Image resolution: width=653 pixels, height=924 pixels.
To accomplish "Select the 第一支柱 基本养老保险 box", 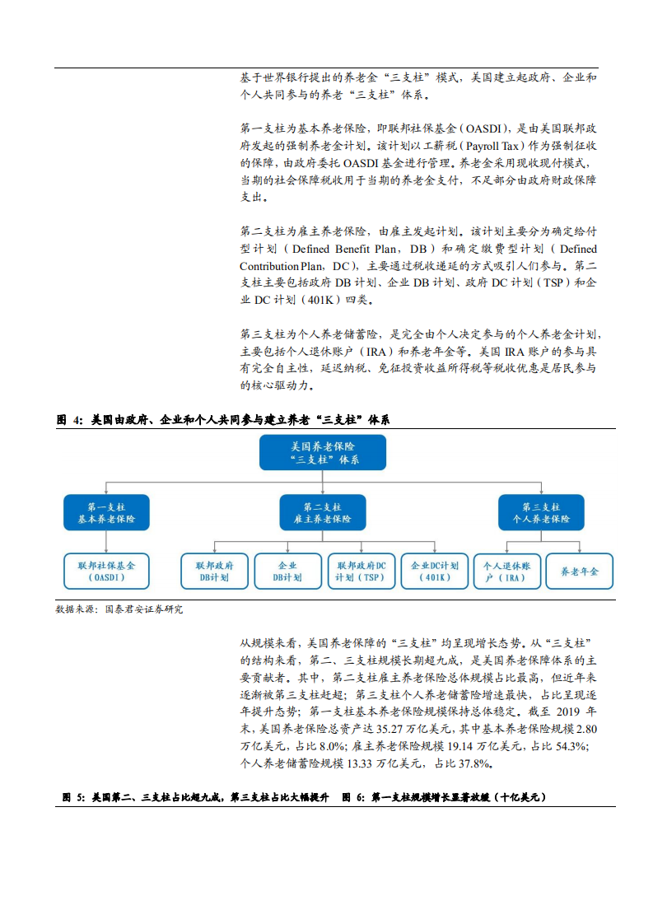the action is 106,513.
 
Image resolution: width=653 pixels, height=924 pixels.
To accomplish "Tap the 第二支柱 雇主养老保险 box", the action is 322,513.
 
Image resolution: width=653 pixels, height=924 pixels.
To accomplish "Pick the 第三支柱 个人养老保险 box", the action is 541,513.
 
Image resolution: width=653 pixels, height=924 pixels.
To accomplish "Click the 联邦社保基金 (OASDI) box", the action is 106,572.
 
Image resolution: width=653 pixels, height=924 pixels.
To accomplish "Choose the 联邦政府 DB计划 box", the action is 214,572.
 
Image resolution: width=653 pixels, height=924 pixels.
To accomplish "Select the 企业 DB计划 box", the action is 287,572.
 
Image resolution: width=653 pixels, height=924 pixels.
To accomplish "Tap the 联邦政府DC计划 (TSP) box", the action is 361,572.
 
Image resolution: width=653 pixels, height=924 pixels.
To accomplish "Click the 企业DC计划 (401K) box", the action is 434,572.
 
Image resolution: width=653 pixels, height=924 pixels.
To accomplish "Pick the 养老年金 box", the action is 580,572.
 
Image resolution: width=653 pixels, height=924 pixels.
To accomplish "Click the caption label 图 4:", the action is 70,420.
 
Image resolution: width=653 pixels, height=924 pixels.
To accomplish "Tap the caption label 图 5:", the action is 74,797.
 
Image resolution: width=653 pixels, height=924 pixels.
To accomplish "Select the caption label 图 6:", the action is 353,797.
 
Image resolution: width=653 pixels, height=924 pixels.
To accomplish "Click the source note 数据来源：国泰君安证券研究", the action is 119,610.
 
